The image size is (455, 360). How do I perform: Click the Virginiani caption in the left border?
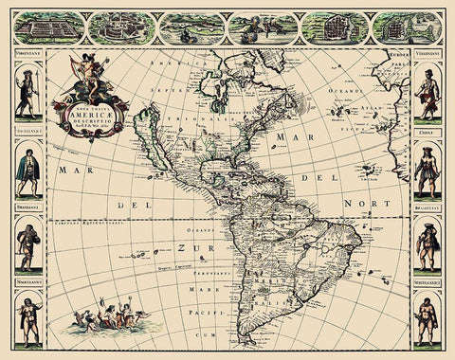tap(27, 57)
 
